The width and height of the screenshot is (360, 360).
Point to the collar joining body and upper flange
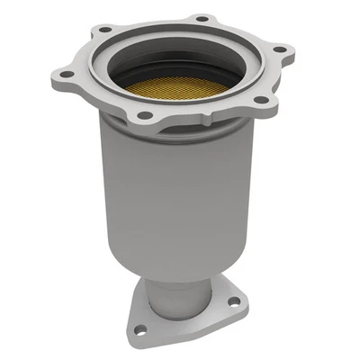(x=180, y=135)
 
